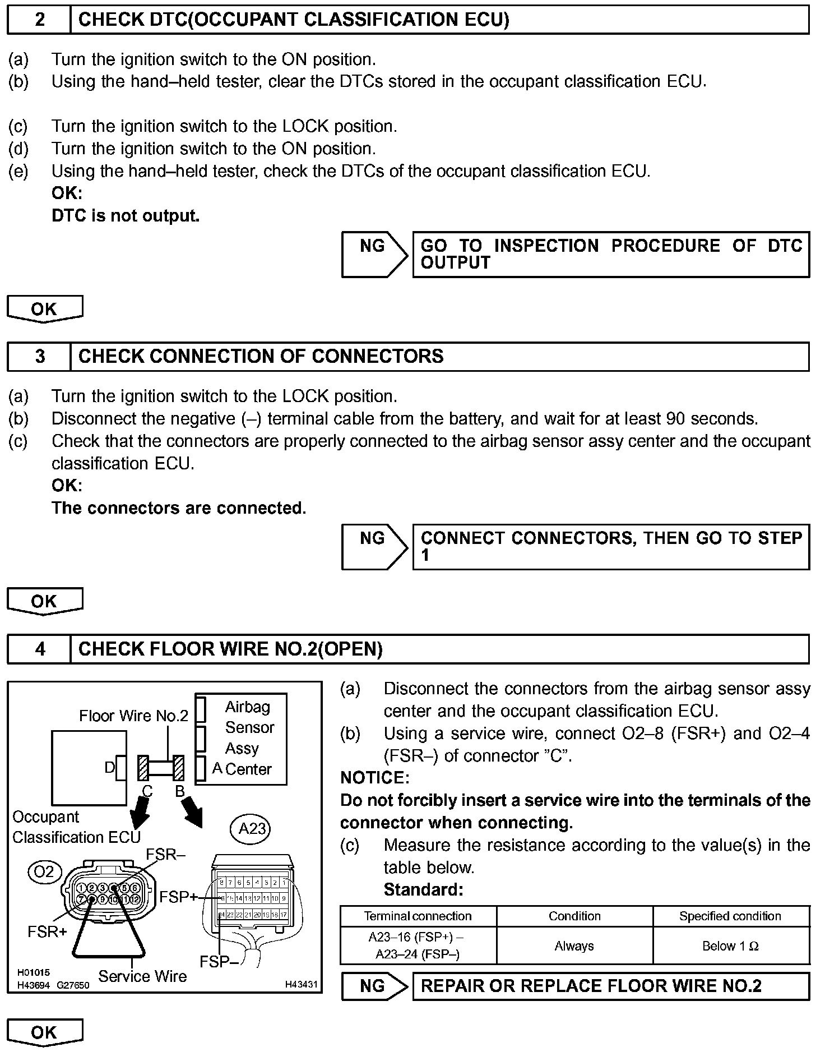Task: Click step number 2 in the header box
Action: tap(39, 20)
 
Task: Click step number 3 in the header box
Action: tap(39, 357)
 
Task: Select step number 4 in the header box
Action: tap(39, 649)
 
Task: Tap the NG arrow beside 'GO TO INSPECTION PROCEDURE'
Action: tap(374, 254)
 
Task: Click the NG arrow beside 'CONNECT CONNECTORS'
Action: tap(374, 547)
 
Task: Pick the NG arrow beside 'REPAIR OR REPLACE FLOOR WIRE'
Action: tap(374, 986)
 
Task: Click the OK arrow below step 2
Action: tap(44, 309)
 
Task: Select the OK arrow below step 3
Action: tap(44, 602)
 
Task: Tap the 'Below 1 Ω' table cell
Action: tap(730, 946)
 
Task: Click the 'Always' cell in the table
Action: tap(574, 946)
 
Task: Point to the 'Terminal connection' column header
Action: tap(418, 916)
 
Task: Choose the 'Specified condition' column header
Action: tap(730, 916)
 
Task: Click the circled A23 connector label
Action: tap(252, 828)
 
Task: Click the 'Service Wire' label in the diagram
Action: tap(142, 976)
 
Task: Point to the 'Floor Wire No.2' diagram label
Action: tap(133, 716)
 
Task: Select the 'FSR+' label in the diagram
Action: tap(47, 931)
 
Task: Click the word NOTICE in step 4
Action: tap(375, 778)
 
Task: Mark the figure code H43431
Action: tap(301, 984)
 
